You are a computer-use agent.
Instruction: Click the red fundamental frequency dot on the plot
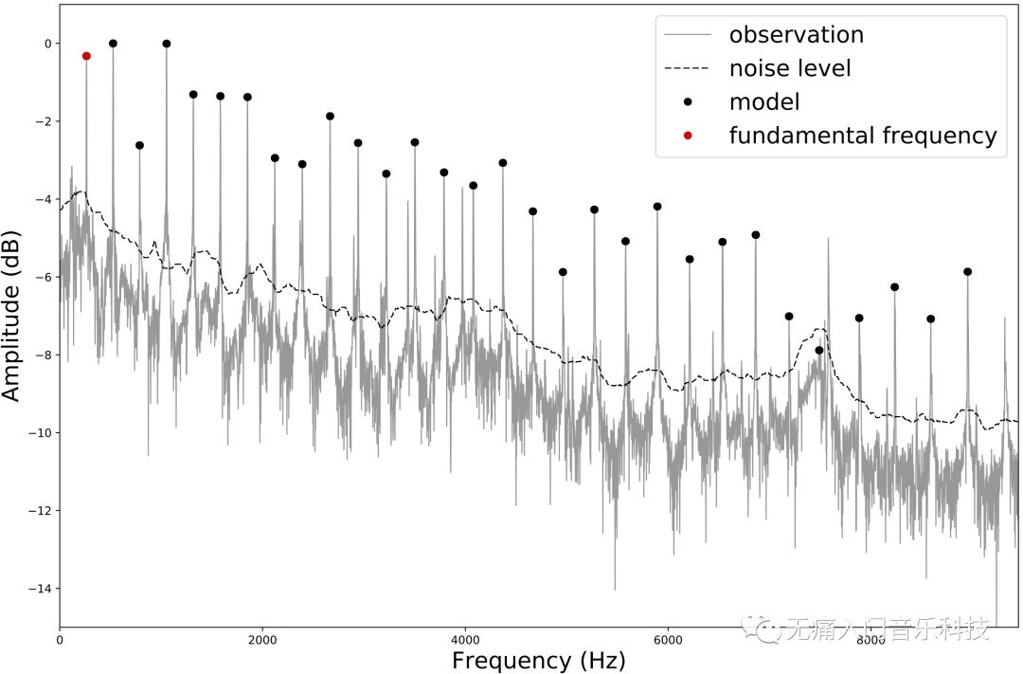86,56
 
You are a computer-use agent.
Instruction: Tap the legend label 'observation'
796,35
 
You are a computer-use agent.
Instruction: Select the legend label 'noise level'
790,68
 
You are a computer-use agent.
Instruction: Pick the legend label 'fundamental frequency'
863,136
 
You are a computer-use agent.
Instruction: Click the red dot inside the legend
689,136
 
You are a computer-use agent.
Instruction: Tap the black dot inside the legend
689,102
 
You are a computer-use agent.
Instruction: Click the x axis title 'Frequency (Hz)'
539,660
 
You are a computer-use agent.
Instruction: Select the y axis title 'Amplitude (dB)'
12,315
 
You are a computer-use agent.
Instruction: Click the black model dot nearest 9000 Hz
967,272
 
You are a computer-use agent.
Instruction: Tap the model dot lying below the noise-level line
819,351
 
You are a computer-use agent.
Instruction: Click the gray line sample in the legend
689,35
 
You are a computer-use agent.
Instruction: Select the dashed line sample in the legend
689,68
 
